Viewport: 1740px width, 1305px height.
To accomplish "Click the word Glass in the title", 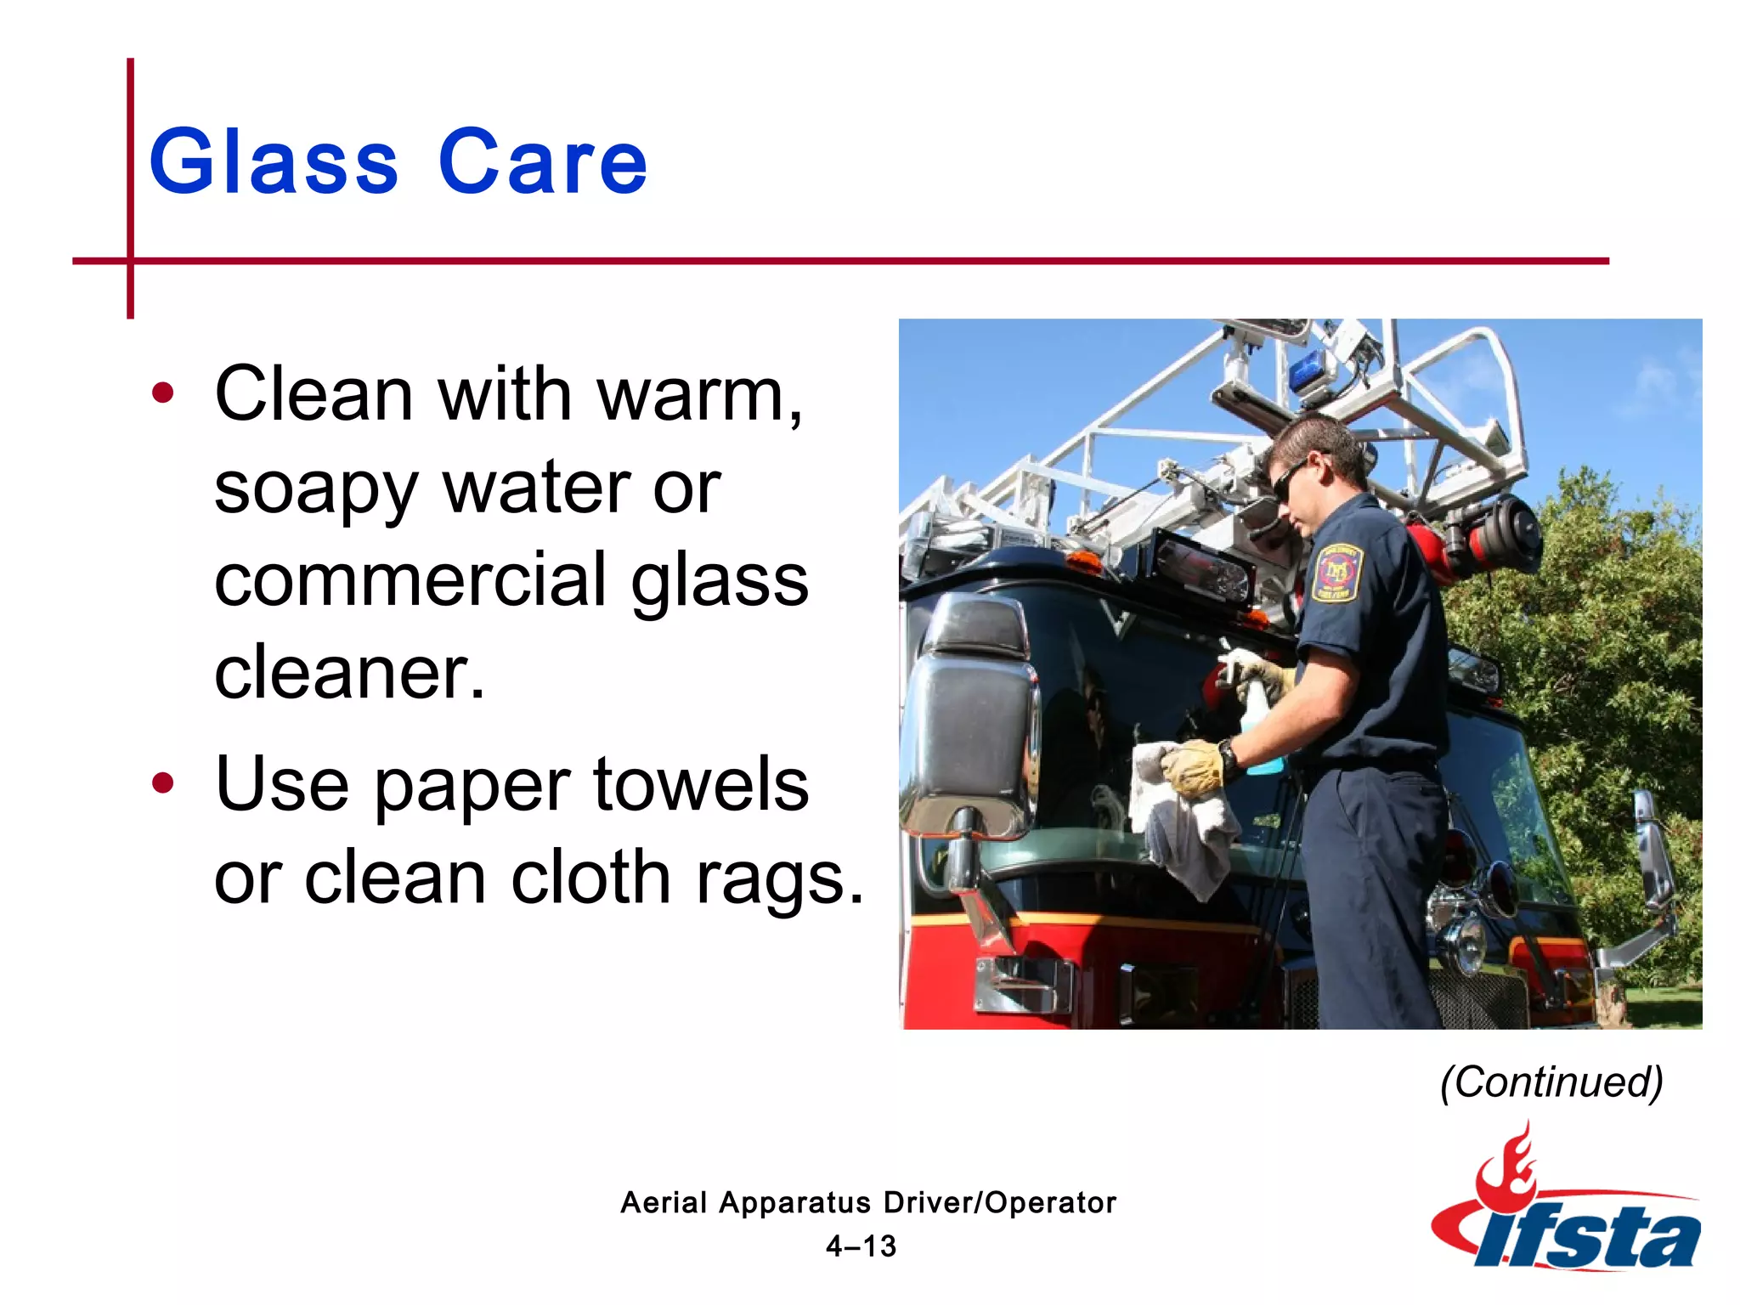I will [274, 161].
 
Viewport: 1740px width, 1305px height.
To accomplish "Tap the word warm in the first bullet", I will [698, 394].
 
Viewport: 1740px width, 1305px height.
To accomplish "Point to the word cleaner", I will [348, 673].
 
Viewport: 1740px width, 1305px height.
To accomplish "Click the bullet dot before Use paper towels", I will [162, 782].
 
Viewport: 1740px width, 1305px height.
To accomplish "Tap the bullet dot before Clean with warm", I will [162, 393].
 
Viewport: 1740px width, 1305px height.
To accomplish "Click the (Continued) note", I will [1551, 1082].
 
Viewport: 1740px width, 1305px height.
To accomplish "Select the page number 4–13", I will [861, 1246].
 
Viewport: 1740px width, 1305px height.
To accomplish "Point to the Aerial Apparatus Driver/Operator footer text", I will [867, 1202].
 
